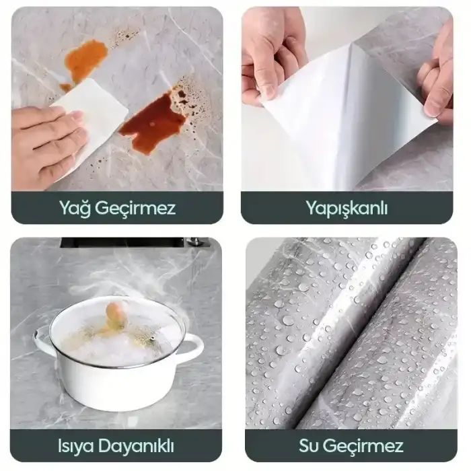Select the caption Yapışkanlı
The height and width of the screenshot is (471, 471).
[x=346, y=208]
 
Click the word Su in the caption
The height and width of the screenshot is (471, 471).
[x=310, y=445]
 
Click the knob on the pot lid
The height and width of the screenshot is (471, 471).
[x=116, y=311]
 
